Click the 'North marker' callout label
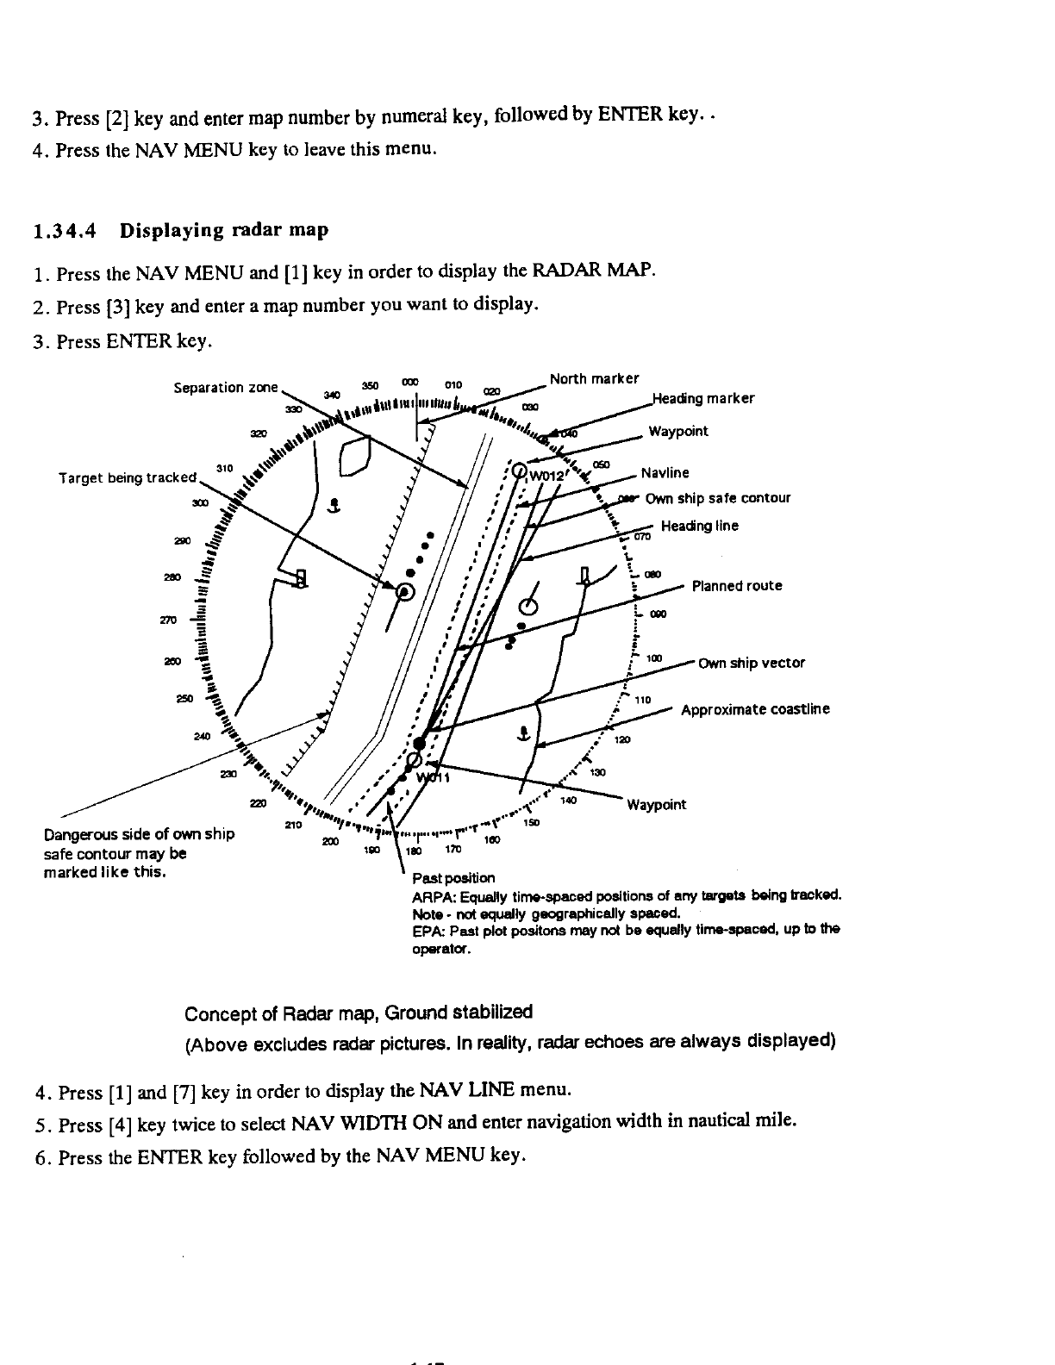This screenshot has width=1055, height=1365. pos(594,379)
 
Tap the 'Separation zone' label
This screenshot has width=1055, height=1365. pos(227,388)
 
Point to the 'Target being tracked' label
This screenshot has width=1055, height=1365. pos(128,478)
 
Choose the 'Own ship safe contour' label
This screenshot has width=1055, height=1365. pos(717,498)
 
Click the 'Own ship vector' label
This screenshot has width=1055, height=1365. pos(751,663)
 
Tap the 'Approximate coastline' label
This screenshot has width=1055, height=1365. pos(755,709)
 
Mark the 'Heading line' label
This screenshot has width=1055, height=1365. pos(699,526)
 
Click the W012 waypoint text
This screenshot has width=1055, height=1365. pos(546,475)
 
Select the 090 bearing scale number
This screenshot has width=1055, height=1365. pos(658,614)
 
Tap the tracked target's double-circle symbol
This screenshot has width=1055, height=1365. pos(405,591)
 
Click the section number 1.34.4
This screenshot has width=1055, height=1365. pos(65,231)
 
